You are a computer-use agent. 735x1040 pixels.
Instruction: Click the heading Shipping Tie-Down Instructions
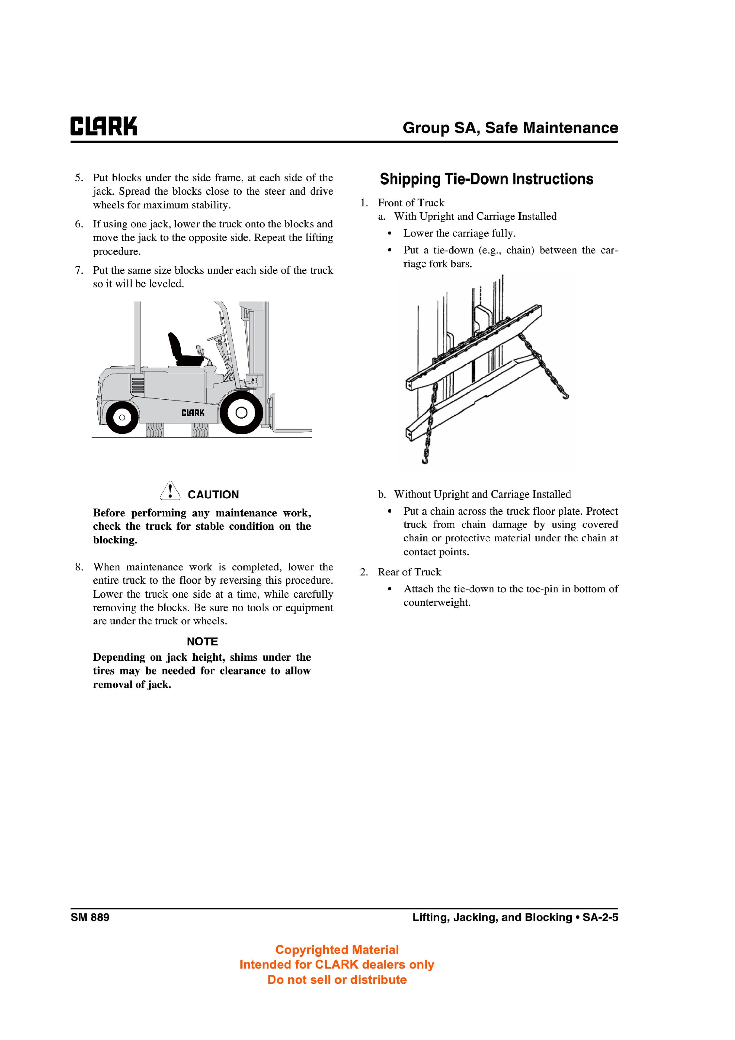point(486,179)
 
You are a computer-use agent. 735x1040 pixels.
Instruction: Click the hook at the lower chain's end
point(424,461)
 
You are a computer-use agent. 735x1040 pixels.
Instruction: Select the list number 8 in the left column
point(79,567)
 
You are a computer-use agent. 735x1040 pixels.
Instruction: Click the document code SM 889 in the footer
point(90,917)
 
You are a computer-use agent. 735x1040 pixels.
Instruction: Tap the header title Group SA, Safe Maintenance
point(510,128)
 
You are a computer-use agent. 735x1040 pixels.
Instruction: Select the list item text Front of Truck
point(411,202)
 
